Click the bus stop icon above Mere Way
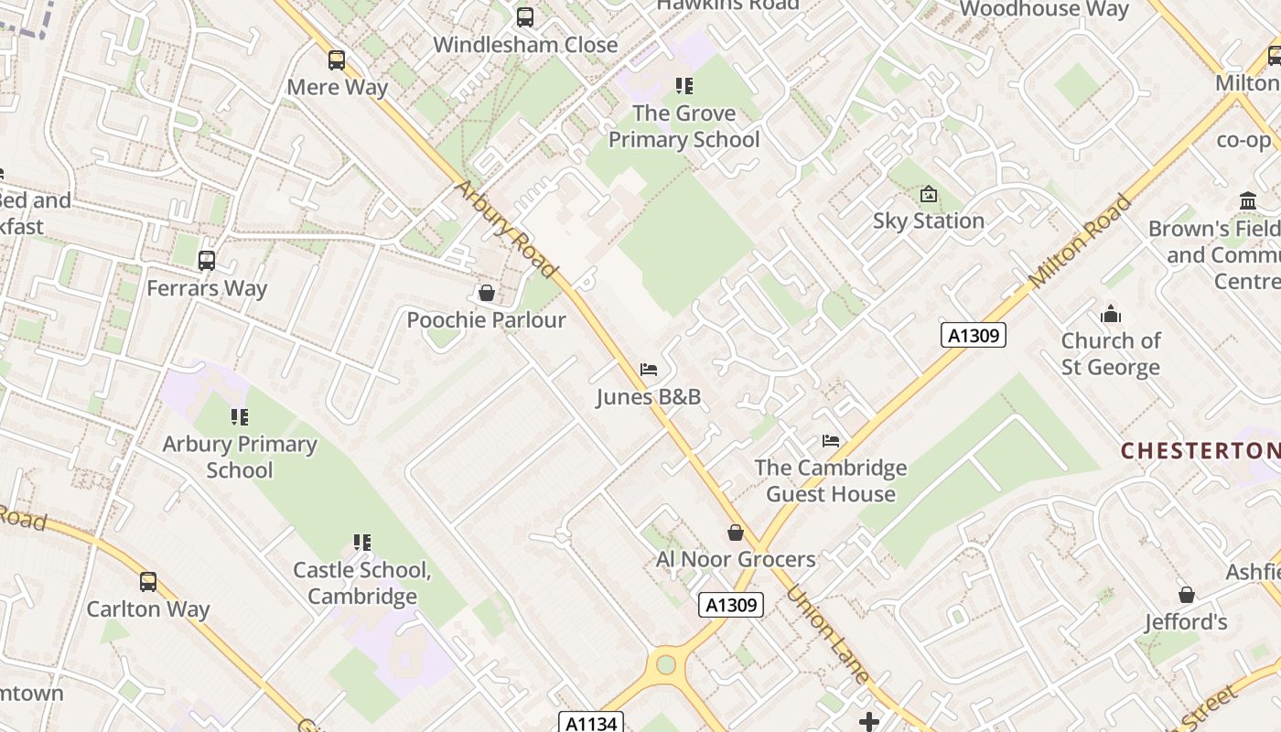tap(337, 60)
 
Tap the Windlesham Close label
tap(525, 44)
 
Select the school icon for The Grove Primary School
tap(684, 86)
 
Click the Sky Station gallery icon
tap(929, 194)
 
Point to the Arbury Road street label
tap(505, 229)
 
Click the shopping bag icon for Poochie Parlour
tap(487, 293)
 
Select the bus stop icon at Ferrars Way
tap(207, 261)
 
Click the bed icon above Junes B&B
tap(649, 370)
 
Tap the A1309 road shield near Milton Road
tap(974, 335)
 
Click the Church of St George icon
tap(1111, 314)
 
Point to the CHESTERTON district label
tap(1200, 450)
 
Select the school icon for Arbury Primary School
tap(240, 417)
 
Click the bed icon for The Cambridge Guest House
tap(831, 441)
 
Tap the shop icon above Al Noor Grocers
tap(736, 533)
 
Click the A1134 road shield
tap(591, 723)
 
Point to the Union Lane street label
tap(827, 635)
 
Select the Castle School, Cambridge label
tap(361, 583)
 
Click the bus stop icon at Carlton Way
tap(148, 582)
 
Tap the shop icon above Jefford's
tap(1187, 595)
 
